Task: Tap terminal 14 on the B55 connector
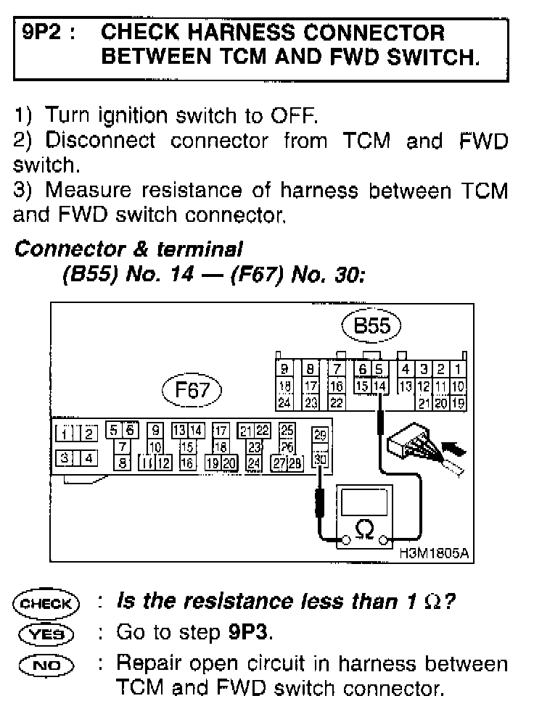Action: (x=381, y=385)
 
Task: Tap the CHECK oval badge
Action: (x=46, y=602)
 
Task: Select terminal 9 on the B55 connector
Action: (x=285, y=370)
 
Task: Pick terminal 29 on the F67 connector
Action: (x=319, y=435)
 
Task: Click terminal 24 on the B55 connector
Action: (x=285, y=400)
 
